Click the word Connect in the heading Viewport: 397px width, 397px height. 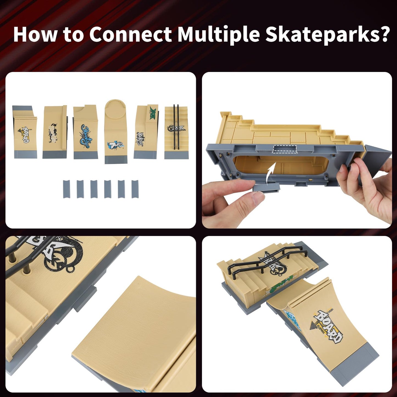[131, 34]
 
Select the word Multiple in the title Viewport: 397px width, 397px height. [218, 34]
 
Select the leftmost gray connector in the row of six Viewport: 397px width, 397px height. [66, 189]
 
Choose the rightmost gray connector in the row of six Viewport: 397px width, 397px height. [135, 189]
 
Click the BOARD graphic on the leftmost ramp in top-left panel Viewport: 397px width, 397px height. [26, 135]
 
